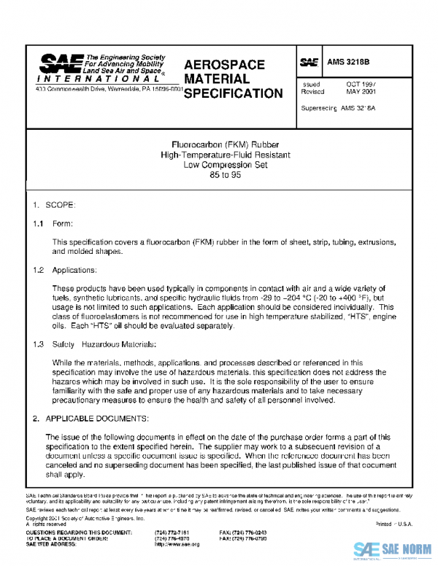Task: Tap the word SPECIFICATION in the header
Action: tap(233, 93)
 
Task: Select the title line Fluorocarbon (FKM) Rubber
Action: tap(220, 144)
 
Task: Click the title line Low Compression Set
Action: tap(220, 165)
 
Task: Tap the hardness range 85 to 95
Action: tap(220, 176)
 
